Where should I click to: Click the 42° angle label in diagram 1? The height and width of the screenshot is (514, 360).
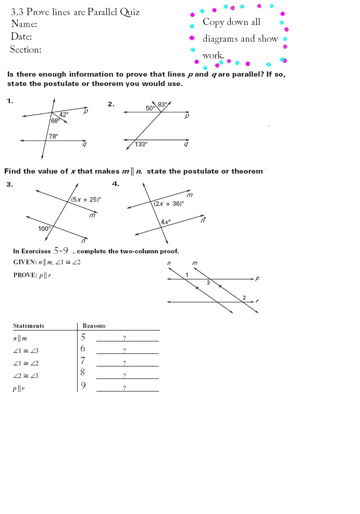64,114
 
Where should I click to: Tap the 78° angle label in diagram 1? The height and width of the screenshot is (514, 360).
53,136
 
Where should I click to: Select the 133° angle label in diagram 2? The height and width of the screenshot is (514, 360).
141,144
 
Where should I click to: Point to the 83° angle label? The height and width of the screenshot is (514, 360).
163,105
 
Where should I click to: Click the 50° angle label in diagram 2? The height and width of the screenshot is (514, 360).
150,108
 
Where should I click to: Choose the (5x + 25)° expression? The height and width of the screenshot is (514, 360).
86,199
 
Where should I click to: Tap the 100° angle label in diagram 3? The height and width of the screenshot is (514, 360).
44,228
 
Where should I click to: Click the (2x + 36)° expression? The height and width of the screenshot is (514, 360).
169,204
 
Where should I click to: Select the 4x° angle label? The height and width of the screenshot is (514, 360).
166,222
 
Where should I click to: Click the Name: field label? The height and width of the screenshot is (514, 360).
24,24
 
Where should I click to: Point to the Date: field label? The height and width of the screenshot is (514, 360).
21,36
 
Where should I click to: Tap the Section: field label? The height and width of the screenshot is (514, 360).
26,50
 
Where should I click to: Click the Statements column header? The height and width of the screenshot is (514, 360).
29,326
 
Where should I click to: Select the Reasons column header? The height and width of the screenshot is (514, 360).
94,326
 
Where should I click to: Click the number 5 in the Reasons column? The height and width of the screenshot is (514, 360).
83,337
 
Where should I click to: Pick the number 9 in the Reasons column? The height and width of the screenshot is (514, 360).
83,386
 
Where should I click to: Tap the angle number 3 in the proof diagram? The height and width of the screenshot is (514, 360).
208,283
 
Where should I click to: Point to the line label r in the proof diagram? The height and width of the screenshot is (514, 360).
257,301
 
